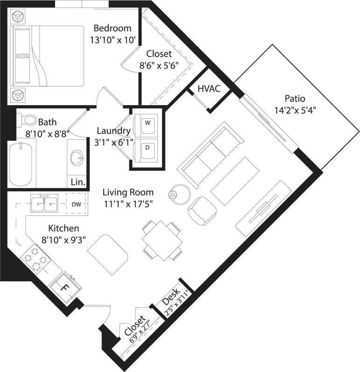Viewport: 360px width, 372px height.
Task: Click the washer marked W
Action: pyautogui.click(x=148, y=123)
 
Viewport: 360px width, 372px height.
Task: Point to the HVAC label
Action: pyautogui.click(x=209, y=88)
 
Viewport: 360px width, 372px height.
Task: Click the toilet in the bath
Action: pyautogui.click(x=28, y=121)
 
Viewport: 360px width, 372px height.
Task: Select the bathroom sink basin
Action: pyautogui.click(x=76, y=158)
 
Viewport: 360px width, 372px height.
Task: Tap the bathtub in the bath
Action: pyautogui.click(x=22, y=164)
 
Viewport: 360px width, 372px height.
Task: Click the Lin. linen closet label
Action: pyautogui.click(x=78, y=182)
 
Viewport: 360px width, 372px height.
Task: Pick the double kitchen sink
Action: pyautogui.click(x=44, y=203)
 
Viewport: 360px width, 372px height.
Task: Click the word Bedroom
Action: pyautogui.click(x=113, y=28)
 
